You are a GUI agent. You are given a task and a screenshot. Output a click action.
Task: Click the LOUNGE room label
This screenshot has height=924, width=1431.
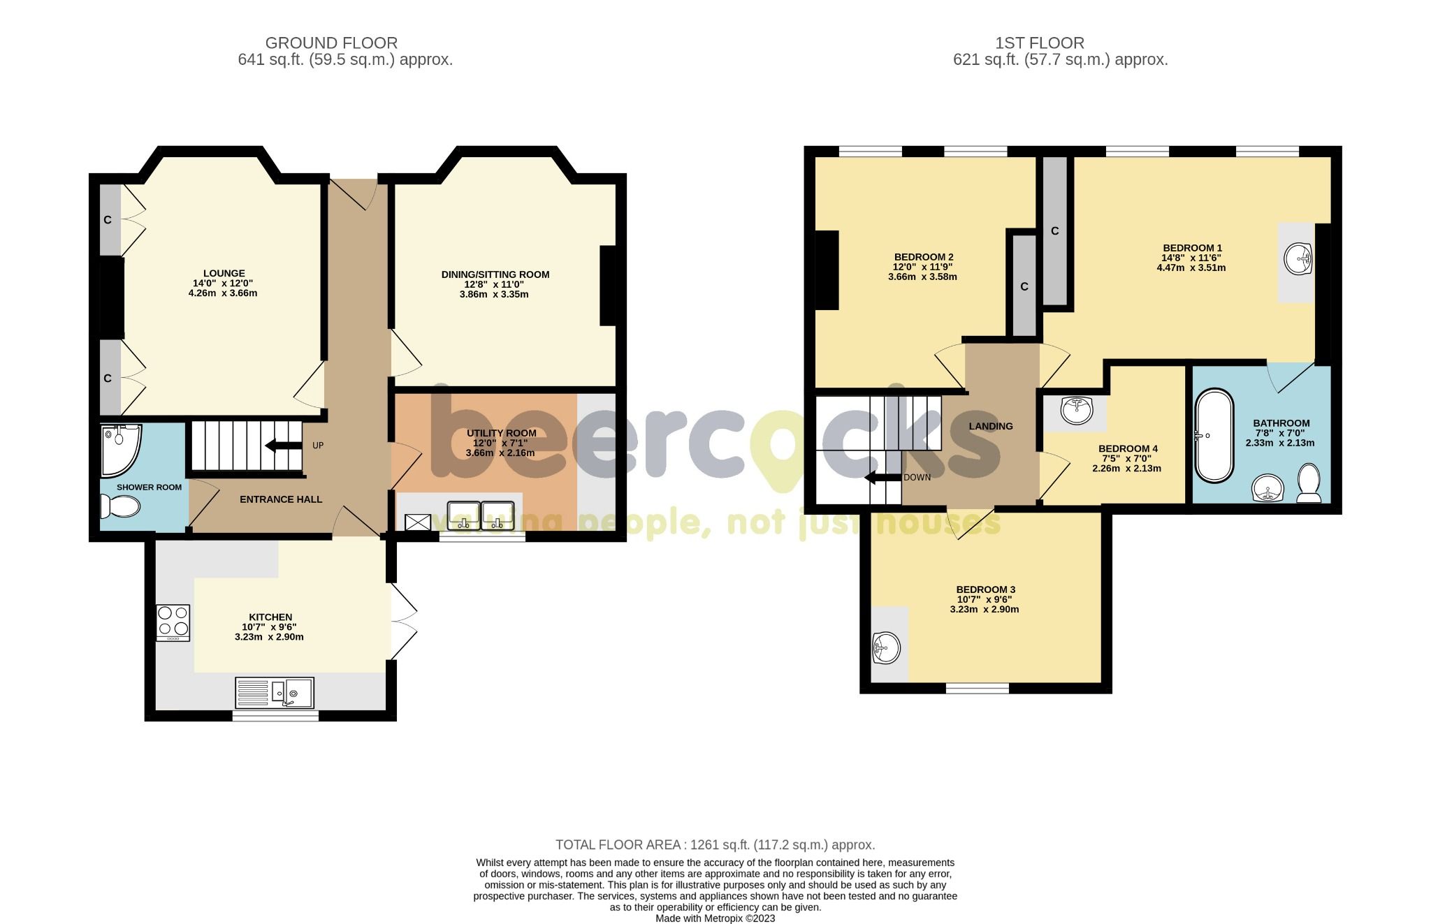pyautogui.click(x=224, y=273)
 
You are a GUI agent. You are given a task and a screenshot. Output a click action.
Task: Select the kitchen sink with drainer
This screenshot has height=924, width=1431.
pyautogui.click(x=275, y=692)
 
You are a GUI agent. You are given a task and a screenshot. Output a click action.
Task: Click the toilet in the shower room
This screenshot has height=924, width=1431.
pyautogui.click(x=119, y=506)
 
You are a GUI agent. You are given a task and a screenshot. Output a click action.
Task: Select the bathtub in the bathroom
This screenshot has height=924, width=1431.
pyautogui.click(x=1214, y=436)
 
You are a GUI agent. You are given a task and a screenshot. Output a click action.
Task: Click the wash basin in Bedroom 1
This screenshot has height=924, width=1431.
pyautogui.click(x=1298, y=261)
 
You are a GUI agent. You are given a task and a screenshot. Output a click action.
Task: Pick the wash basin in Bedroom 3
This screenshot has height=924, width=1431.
pyautogui.click(x=887, y=649)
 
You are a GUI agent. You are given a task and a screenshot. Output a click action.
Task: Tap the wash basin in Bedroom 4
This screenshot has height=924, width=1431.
pyautogui.click(x=1076, y=410)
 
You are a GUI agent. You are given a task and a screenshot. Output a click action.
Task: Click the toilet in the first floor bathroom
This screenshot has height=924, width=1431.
pyautogui.click(x=1308, y=484)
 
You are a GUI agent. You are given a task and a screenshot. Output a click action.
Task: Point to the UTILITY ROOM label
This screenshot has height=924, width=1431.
pyautogui.click(x=501, y=433)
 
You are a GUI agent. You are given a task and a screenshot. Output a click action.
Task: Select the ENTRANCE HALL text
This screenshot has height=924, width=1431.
pyautogui.click(x=281, y=499)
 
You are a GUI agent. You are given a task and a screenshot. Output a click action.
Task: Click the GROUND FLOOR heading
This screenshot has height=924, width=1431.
pyautogui.click(x=331, y=43)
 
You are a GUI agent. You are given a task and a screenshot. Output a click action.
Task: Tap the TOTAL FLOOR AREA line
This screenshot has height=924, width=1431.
pyautogui.click(x=715, y=845)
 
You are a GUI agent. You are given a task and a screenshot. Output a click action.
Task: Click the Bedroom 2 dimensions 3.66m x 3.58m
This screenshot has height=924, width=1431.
pyautogui.click(x=922, y=277)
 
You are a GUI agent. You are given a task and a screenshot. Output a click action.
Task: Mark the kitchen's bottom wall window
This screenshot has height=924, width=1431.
pyautogui.click(x=275, y=715)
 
